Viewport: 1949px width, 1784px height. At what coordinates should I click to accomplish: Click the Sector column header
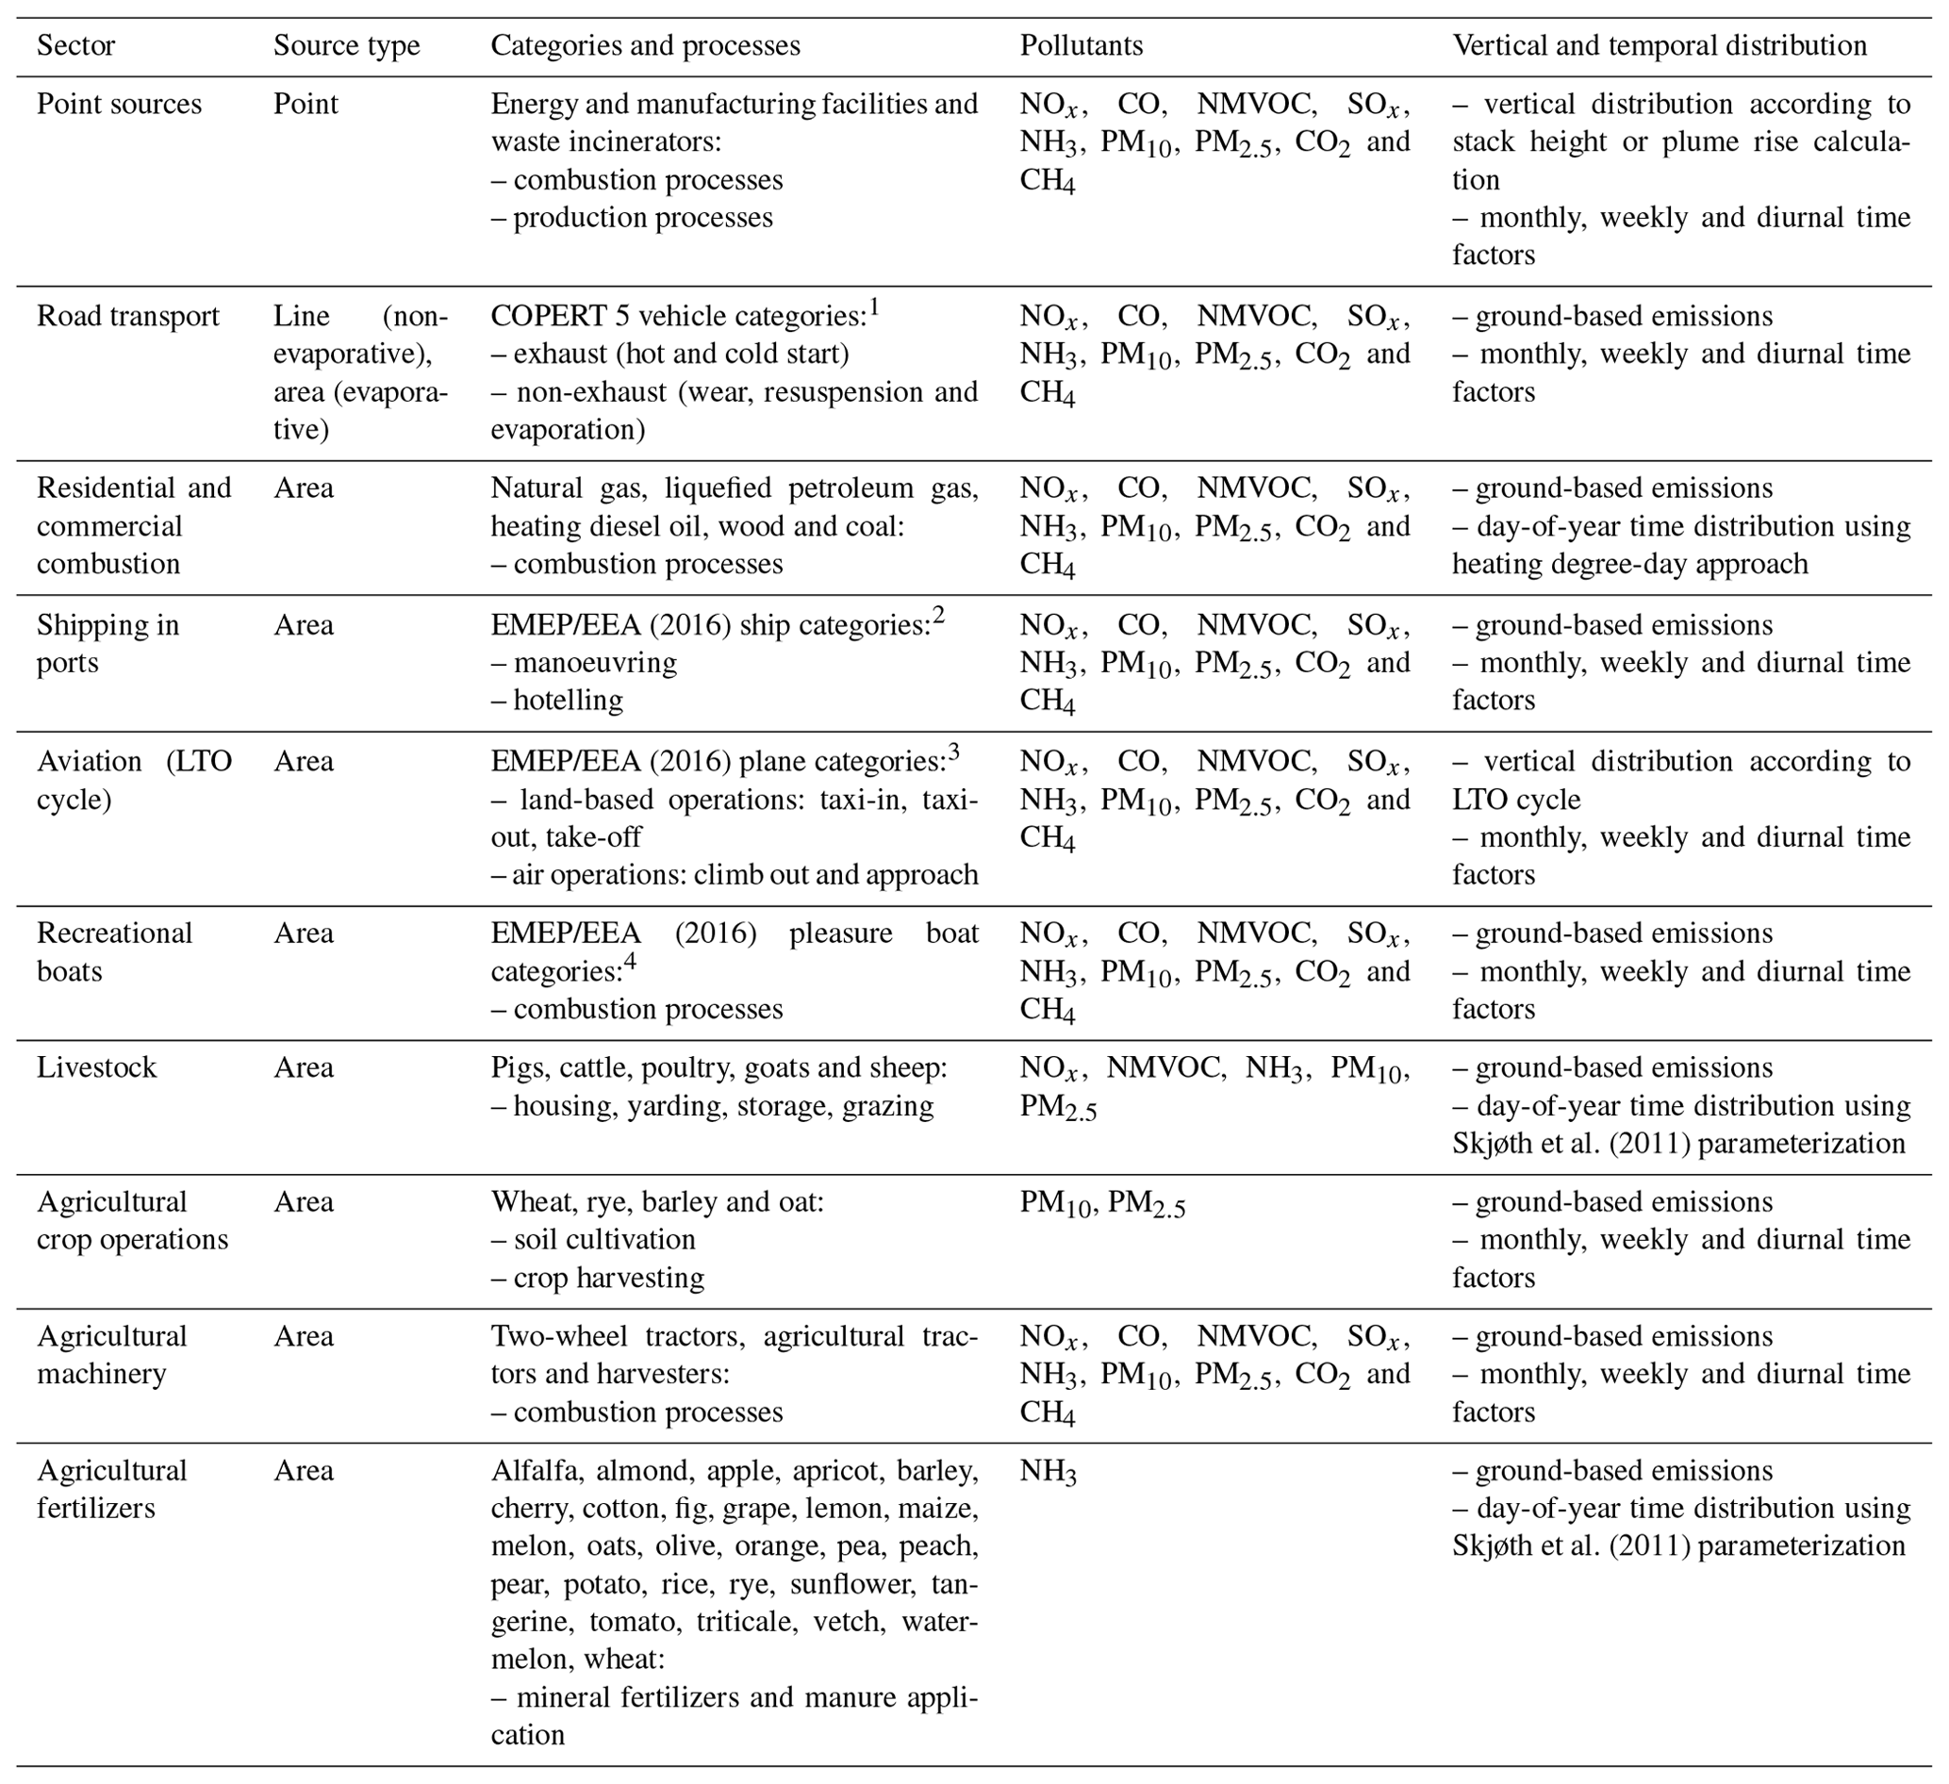click(75, 46)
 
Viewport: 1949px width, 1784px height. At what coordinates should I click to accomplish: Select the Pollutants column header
click(1081, 46)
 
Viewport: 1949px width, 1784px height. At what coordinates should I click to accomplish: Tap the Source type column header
click(346, 46)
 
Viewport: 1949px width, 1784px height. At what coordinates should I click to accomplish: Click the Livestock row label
click(97, 1067)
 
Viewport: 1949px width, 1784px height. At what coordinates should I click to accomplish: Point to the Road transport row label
click(127, 316)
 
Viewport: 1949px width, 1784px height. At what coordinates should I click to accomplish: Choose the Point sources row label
click(119, 105)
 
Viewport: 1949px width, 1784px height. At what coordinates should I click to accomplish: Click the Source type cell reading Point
click(306, 105)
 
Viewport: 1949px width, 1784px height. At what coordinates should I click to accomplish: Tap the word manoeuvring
click(595, 663)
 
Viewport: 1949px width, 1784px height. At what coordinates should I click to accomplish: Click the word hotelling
click(568, 700)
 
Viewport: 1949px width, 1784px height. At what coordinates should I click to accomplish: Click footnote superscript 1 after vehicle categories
click(874, 307)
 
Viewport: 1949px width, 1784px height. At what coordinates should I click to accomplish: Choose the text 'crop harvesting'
click(608, 1279)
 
